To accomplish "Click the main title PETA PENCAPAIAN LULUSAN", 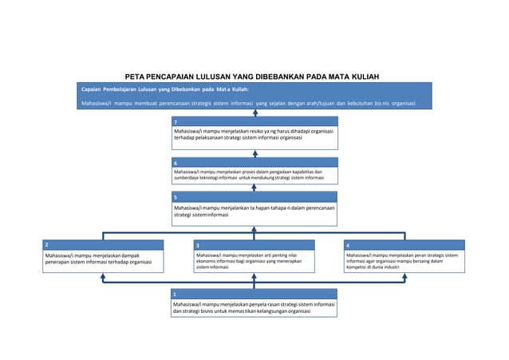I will (x=255, y=77).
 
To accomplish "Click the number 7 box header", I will (x=254, y=121).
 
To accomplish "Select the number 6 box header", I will (x=254, y=162).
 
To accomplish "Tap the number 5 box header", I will (x=254, y=196).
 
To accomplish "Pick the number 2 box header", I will (x=103, y=244).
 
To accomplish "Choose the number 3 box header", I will (x=253, y=244).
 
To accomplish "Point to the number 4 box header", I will (x=404, y=244).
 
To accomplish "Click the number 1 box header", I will (x=254, y=294).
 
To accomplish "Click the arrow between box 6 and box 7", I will (x=254, y=153).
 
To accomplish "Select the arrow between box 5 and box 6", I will (x=254, y=188).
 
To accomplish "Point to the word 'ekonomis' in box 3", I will (x=209, y=261).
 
